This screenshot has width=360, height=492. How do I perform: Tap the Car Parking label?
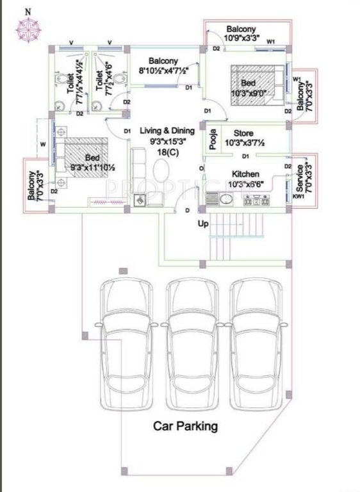(x=185, y=425)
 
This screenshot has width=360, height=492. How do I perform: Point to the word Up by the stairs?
(x=202, y=224)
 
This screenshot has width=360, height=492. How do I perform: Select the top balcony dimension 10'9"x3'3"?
(x=241, y=38)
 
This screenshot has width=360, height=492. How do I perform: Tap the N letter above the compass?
(x=26, y=11)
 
